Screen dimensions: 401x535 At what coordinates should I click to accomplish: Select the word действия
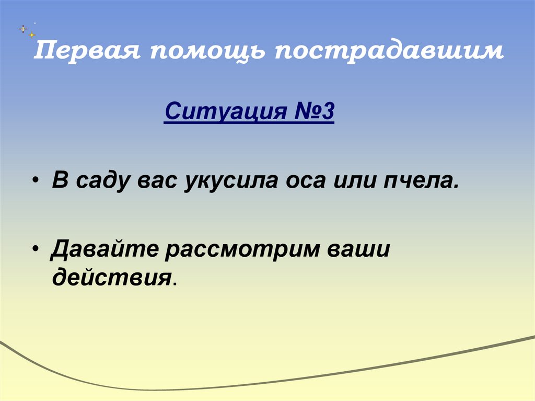(111, 277)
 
